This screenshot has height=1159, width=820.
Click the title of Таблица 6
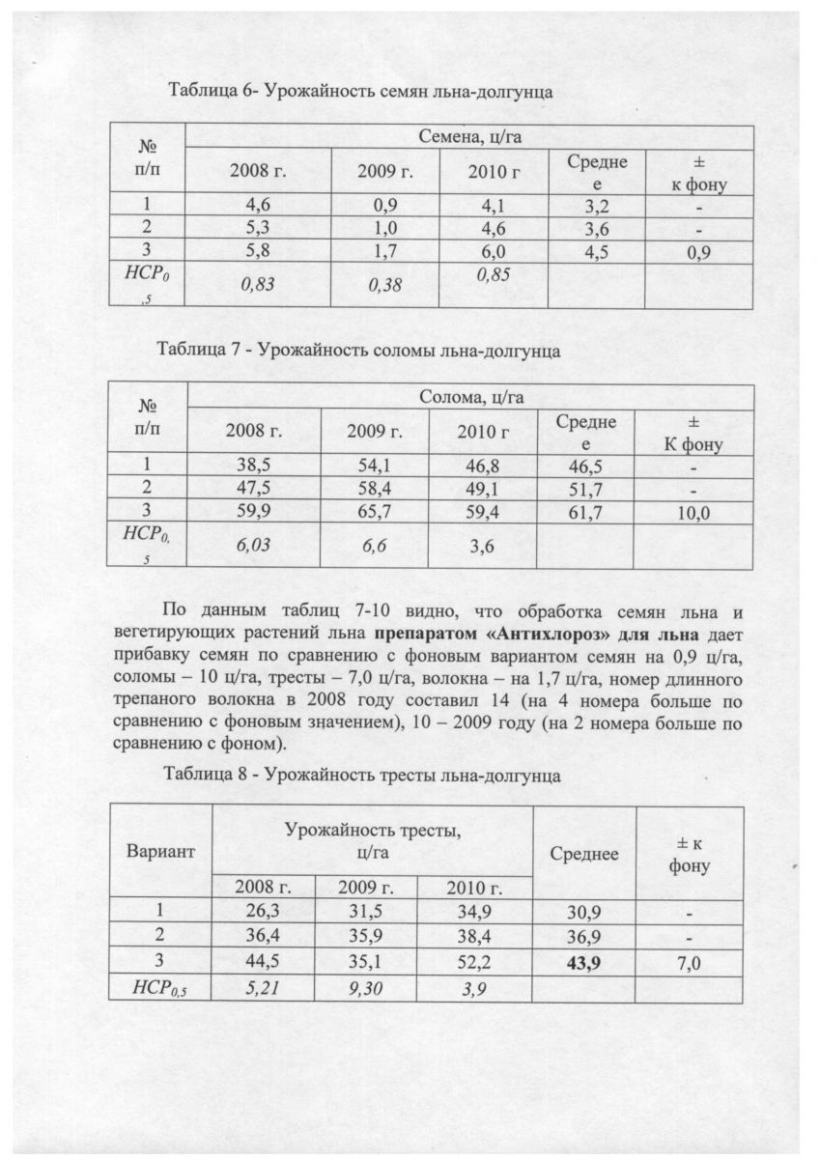click(x=360, y=93)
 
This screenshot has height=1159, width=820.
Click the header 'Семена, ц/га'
click(x=470, y=137)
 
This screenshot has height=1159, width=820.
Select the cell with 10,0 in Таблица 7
click(x=692, y=513)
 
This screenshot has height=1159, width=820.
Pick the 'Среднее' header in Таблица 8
click(x=583, y=853)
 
